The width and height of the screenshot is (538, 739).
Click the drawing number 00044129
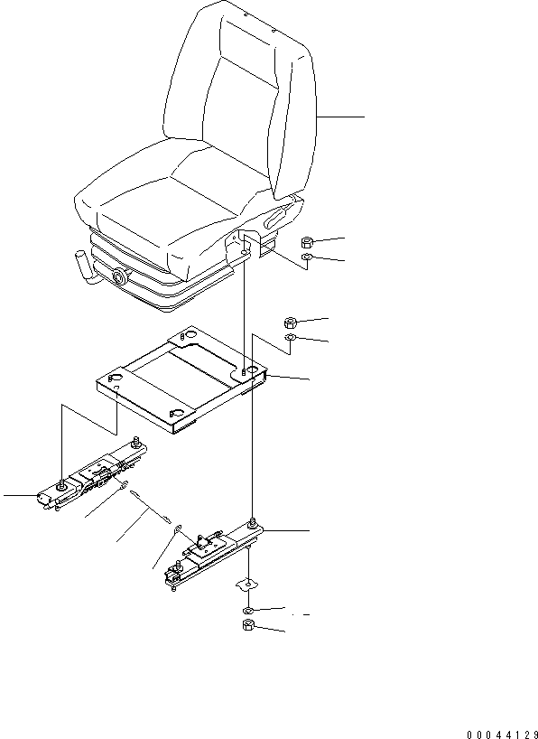click(x=503, y=734)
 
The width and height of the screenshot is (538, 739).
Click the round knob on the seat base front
click(x=121, y=276)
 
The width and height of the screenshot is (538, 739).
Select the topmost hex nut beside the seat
click(x=307, y=243)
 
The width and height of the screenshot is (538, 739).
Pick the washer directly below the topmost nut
click(x=306, y=257)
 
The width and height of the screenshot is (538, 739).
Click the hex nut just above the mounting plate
click(x=290, y=323)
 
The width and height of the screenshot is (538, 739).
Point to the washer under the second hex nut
click(x=290, y=337)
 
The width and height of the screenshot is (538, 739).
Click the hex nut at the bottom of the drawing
click(x=248, y=625)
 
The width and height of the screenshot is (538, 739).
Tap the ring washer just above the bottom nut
click(x=248, y=611)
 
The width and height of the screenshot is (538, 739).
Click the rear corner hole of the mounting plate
click(x=190, y=335)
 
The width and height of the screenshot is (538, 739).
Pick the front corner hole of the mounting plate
click(x=177, y=413)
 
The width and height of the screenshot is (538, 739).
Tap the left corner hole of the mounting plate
click(x=116, y=377)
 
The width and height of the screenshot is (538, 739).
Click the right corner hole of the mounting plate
click(x=251, y=370)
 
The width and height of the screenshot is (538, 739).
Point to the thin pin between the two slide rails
click(x=150, y=508)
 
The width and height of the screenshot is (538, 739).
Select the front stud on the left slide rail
click(x=61, y=486)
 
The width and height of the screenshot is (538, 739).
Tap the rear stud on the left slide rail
click(x=137, y=441)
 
